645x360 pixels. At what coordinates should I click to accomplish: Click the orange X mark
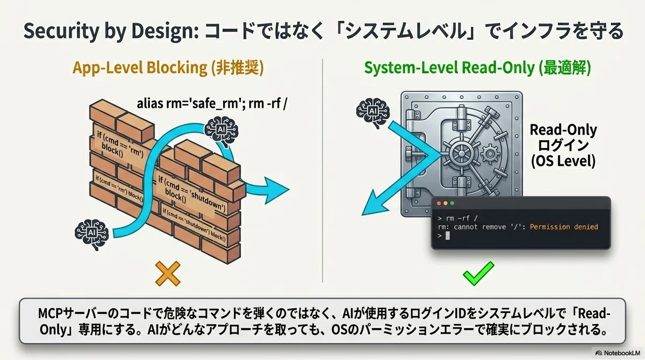pyautogui.click(x=168, y=273)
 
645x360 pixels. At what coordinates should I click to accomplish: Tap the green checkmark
pyautogui.click(x=478, y=274)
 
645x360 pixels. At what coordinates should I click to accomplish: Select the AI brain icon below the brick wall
pyautogui.click(x=91, y=234)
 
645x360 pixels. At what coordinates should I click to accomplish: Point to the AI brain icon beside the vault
pyautogui.click(x=373, y=112)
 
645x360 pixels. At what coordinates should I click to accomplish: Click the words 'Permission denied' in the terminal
pyautogui.click(x=564, y=227)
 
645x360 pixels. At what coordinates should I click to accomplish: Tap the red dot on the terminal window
pyautogui.click(x=439, y=204)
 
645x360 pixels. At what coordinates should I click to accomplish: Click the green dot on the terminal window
pyautogui.click(x=452, y=204)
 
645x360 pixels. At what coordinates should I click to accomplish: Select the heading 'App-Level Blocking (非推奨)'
pyautogui.click(x=168, y=68)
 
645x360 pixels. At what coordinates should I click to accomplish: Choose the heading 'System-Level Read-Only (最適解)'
pyautogui.click(x=477, y=68)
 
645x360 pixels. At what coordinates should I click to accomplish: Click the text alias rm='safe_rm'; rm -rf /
pyautogui.click(x=212, y=104)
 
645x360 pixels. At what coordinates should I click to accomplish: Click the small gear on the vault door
pyautogui.click(x=490, y=153)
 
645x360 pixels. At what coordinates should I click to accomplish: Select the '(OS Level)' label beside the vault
pyautogui.click(x=563, y=161)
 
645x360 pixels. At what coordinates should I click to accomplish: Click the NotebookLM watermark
pyautogui.click(x=619, y=353)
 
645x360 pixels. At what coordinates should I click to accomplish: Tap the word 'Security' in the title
pyautogui.click(x=61, y=31)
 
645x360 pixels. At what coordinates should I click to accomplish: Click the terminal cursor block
pyautogui.click(x=447, y=236)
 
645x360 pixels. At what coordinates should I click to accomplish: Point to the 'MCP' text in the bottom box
pyautogui.click(x=50, y=314)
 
